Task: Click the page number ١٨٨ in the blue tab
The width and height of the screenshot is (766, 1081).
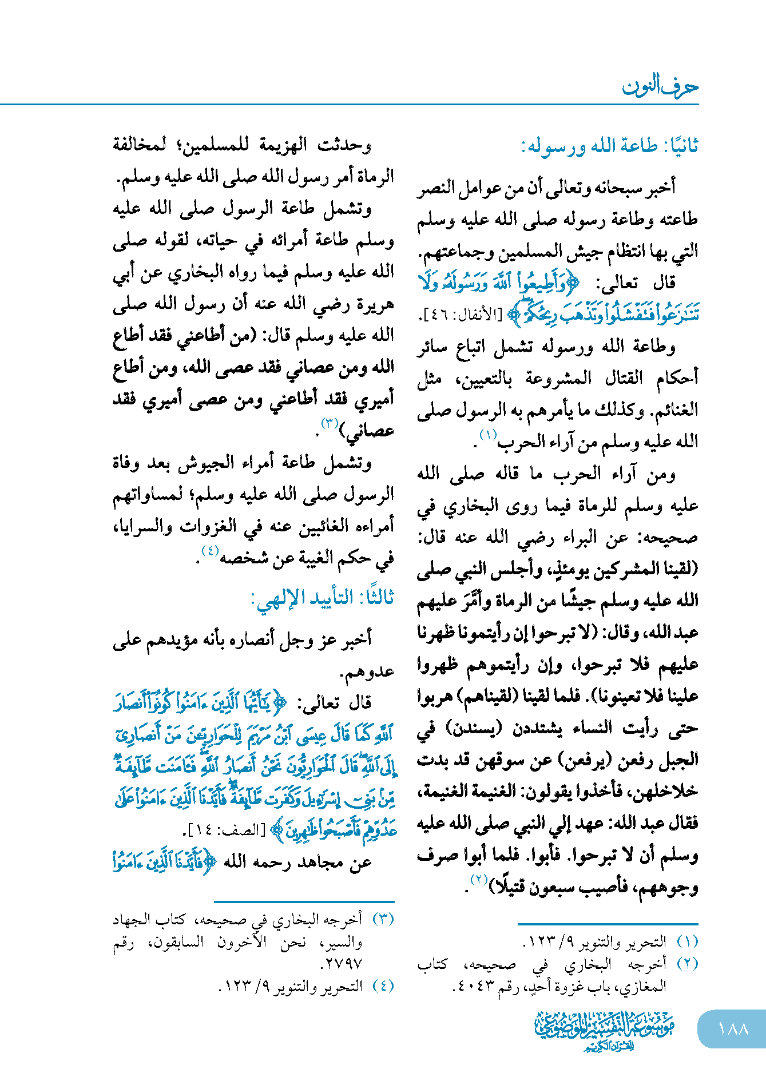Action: point(733,1029)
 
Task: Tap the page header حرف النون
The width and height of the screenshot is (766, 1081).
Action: point(660,87)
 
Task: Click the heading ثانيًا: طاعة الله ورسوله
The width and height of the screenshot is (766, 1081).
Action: point(609,146)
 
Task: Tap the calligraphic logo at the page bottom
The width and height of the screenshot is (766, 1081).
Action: point(604,1030)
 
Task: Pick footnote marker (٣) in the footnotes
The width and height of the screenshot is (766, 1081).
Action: point(383,919)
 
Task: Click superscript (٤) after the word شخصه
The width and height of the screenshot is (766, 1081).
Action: point(209,551)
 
